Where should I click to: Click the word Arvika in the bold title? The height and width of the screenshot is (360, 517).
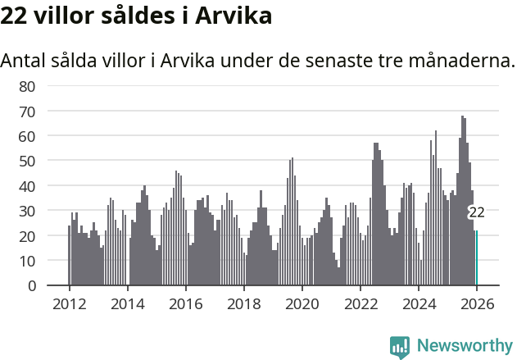pos(232,16)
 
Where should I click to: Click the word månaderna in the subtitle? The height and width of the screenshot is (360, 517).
pos(470,61)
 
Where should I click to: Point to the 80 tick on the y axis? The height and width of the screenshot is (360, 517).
pos(28,86)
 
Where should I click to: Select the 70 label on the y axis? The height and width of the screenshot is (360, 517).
pos(28,111)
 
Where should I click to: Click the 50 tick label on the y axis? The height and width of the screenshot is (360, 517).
pos(28,161)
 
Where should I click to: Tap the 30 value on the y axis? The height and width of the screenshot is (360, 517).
pos(28,211)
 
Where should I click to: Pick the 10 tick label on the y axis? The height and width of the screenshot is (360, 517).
pos(28,261)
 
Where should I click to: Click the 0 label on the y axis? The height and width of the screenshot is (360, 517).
pos(32,286)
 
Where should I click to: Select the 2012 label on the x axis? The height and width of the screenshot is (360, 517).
pos(69,303)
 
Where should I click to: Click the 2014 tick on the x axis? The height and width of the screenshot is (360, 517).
pos(127,303)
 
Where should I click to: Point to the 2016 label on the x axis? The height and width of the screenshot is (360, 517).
pos(185,303)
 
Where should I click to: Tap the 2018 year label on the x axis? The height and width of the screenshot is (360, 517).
pos(243,303)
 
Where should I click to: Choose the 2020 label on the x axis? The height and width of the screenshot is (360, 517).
pos(302,303)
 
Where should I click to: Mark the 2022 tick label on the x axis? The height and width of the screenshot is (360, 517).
pos(360,303)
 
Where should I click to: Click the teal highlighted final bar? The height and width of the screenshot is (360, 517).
pos(477,258)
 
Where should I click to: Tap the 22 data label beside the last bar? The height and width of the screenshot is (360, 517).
pos(476,212)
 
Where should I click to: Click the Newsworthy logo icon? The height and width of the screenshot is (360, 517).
pos(400,347)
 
